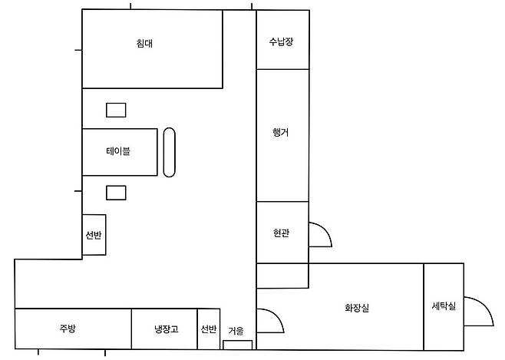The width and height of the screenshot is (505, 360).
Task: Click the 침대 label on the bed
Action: click(144, 43)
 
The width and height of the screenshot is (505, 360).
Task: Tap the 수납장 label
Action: click(281, 41)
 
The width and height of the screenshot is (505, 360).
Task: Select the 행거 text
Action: click(281, 132)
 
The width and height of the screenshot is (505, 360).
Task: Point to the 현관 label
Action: click(281, 233)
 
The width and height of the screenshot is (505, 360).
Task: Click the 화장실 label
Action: click(357, 308)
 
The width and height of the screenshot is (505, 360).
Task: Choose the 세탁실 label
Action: click(444, 306)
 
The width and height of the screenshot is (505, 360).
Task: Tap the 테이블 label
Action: click(118, 151)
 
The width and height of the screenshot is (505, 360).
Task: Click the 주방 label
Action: click(68, 328)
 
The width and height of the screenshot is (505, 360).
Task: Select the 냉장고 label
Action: click(167, 329)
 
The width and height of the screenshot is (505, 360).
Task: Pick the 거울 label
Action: click(236, 331)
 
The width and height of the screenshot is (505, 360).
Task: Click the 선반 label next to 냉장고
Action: click(209, 329)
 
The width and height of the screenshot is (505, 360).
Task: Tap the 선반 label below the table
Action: click(94, 235)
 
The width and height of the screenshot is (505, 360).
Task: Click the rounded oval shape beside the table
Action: click(169, 153)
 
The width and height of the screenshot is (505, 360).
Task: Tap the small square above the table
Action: click(116, 110)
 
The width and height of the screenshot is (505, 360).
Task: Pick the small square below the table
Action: click(116, 193)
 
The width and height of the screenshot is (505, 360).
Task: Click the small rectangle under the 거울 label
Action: click(238, 345)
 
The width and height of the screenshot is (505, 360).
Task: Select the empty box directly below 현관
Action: click(282, 276)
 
